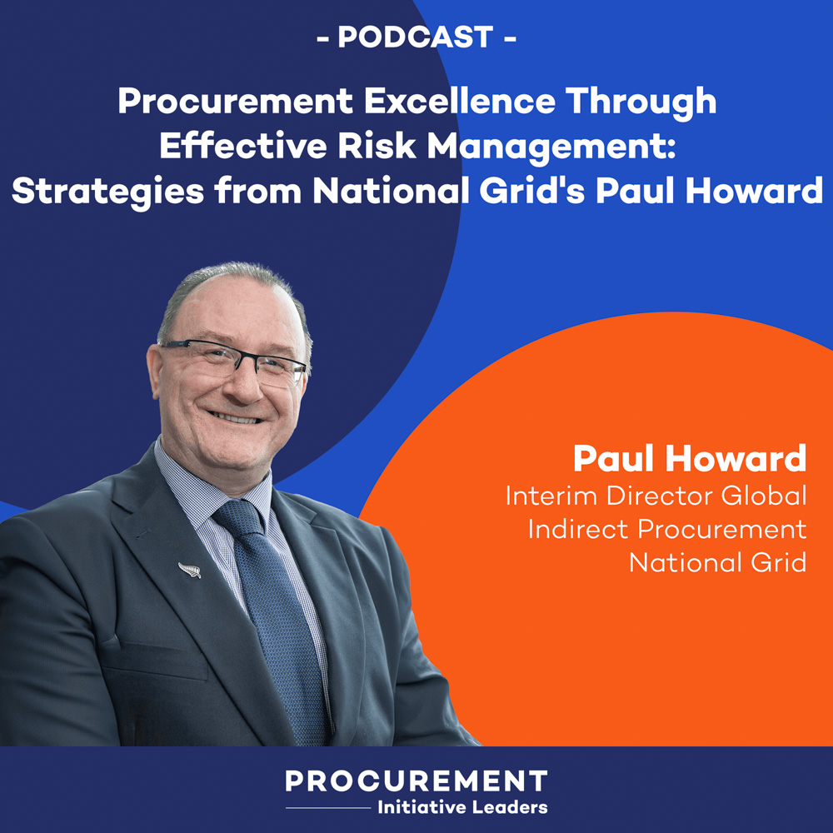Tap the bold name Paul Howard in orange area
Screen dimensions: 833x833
tap(690, 459)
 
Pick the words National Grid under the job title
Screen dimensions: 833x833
tap(717, 563)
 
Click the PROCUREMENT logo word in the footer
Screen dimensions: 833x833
tap(416, 781)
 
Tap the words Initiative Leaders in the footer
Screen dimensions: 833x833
tap(462, 806)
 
